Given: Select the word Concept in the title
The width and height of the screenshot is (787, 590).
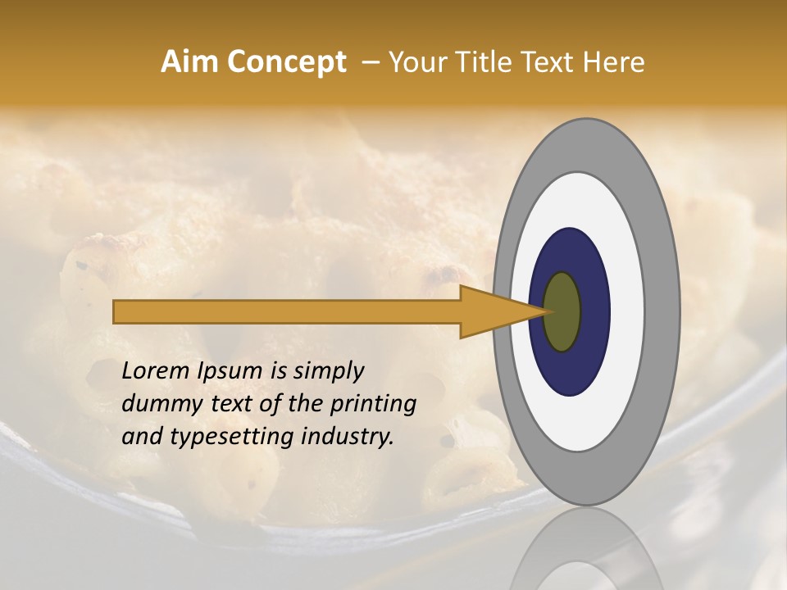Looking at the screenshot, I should point(286,62).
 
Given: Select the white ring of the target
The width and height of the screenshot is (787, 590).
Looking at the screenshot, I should point(627,312).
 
